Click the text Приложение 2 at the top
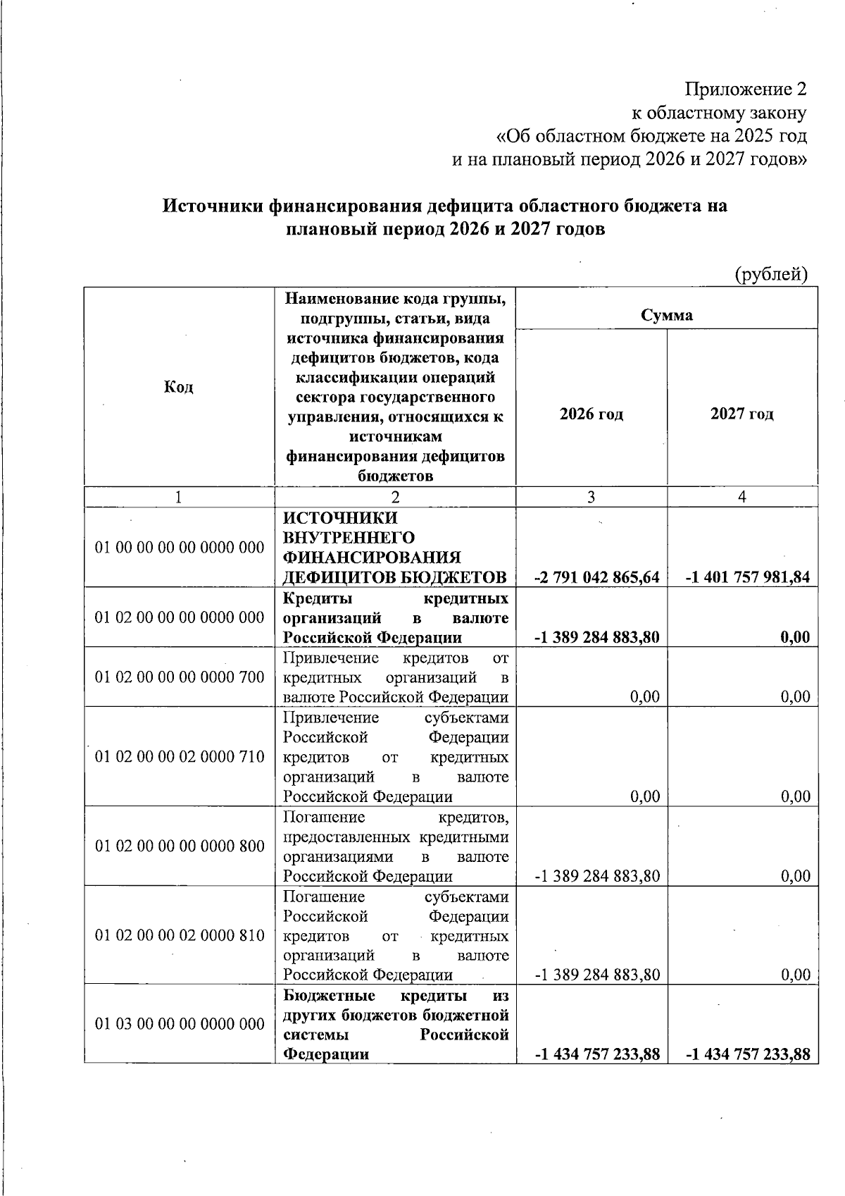[x=746, y=90]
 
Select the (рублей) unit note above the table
[x=770, y=273]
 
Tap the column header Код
[x=179, y=387]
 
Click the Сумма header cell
[x=666, y=315]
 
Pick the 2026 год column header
[x=591, y=414]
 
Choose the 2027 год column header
[x=742, y=414]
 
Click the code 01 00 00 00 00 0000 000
[x=180, y=547]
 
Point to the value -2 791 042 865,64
[x=597, y=577]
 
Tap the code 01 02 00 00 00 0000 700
[x=180, y=677]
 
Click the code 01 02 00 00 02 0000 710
[x=180, y=757]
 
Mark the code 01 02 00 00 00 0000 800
[x=180, y=846]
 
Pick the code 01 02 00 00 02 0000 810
[x=180, y=935]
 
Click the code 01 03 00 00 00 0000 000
[x=180, y=1024]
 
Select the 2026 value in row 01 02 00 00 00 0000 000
[x=597, y=637]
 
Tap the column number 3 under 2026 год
[x=591, y=497]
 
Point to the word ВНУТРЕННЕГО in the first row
[x=349, y=538]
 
